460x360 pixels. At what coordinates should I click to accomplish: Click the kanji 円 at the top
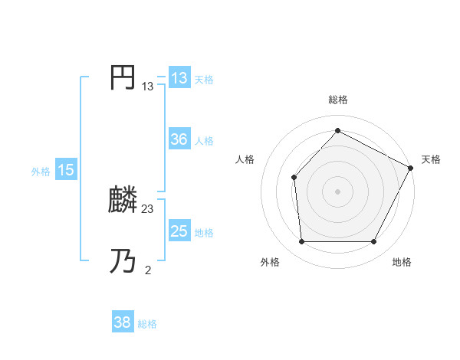123,78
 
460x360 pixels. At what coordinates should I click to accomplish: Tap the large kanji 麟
123,201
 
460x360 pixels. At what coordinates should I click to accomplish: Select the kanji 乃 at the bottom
123,261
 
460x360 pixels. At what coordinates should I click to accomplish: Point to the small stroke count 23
148,208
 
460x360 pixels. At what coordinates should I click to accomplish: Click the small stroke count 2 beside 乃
148,269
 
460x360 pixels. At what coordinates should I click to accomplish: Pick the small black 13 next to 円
148,87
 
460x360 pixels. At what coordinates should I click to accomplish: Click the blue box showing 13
179,78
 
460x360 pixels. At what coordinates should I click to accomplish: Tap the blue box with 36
179,139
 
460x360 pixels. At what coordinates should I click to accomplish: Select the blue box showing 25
179,231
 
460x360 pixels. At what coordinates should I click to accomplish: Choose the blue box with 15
65,170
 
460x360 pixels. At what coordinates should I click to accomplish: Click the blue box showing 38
122,322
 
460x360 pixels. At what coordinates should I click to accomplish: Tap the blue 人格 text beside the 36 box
204,141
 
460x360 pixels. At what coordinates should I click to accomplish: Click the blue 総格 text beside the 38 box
147,324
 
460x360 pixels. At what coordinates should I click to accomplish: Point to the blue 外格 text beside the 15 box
41,172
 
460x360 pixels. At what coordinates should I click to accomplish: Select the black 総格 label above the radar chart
338,100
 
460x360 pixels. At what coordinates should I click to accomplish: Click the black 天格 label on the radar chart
432,159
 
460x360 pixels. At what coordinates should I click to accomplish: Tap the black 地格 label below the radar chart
402,262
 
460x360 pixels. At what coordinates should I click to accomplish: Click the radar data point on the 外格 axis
301,242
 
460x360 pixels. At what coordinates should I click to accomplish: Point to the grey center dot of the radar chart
337,191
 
